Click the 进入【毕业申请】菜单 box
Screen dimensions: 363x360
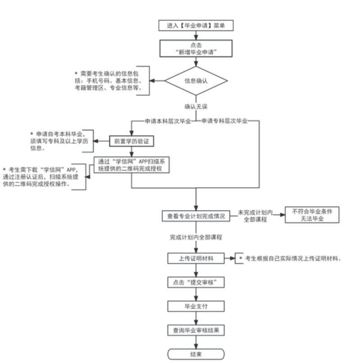pyautogui.click(x=196, y=26)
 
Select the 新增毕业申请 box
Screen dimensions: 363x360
pyautogui.click(x=196, y=49)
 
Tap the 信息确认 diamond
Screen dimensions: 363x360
pyautogui.click(x=196, y=81)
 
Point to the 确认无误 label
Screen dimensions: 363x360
pyautogui.click(x=196, y=107)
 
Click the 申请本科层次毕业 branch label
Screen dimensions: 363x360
pyautogui.click(x=167, y=121)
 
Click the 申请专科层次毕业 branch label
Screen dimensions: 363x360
pyautogui.click(x=224, y=121)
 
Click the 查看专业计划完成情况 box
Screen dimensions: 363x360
pyautogui.click(x=196, y=216)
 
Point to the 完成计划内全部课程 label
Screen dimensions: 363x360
pyautogui.click(x=196, y=237)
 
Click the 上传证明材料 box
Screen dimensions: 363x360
pyautogui.click(x=196, y=259)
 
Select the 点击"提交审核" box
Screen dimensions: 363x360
pyautogui.click(x=196, y=282)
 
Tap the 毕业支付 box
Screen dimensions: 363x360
pyautogui.click(x=196, y=306)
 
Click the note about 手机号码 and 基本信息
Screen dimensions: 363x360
pyautogui.click(x=108, y=81)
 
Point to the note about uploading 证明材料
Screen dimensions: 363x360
pyautogui.click(x=290, y=259)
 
